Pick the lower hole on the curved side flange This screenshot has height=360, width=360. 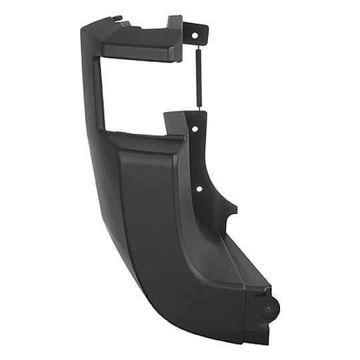coord(199,189)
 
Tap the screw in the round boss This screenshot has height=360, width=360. coord(267,309)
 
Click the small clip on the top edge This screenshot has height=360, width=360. coord(117,19)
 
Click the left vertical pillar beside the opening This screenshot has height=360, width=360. coord(97,87)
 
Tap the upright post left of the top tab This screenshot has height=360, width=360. coord(175,37)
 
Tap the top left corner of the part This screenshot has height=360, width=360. coord(83,27)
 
